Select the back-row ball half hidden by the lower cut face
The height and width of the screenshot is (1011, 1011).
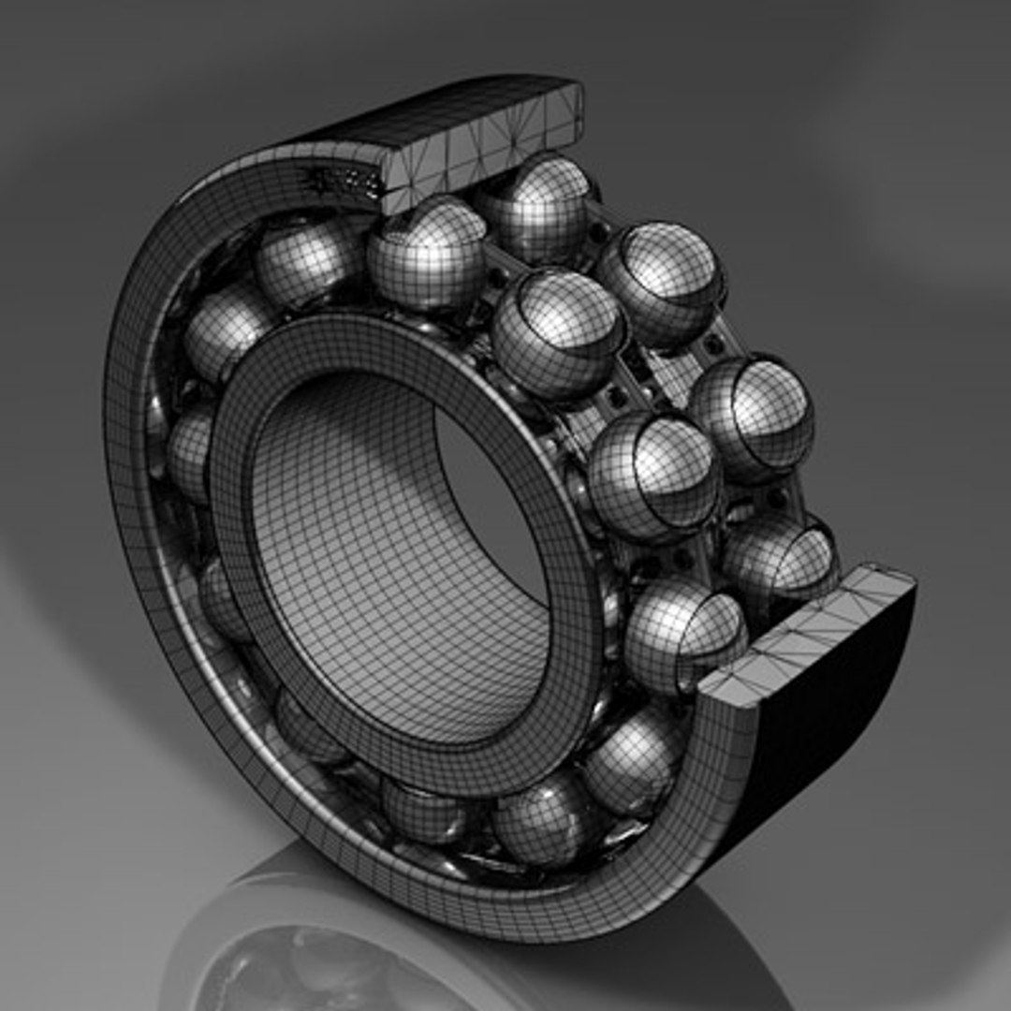pyautogui.click(x=779, y=560)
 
